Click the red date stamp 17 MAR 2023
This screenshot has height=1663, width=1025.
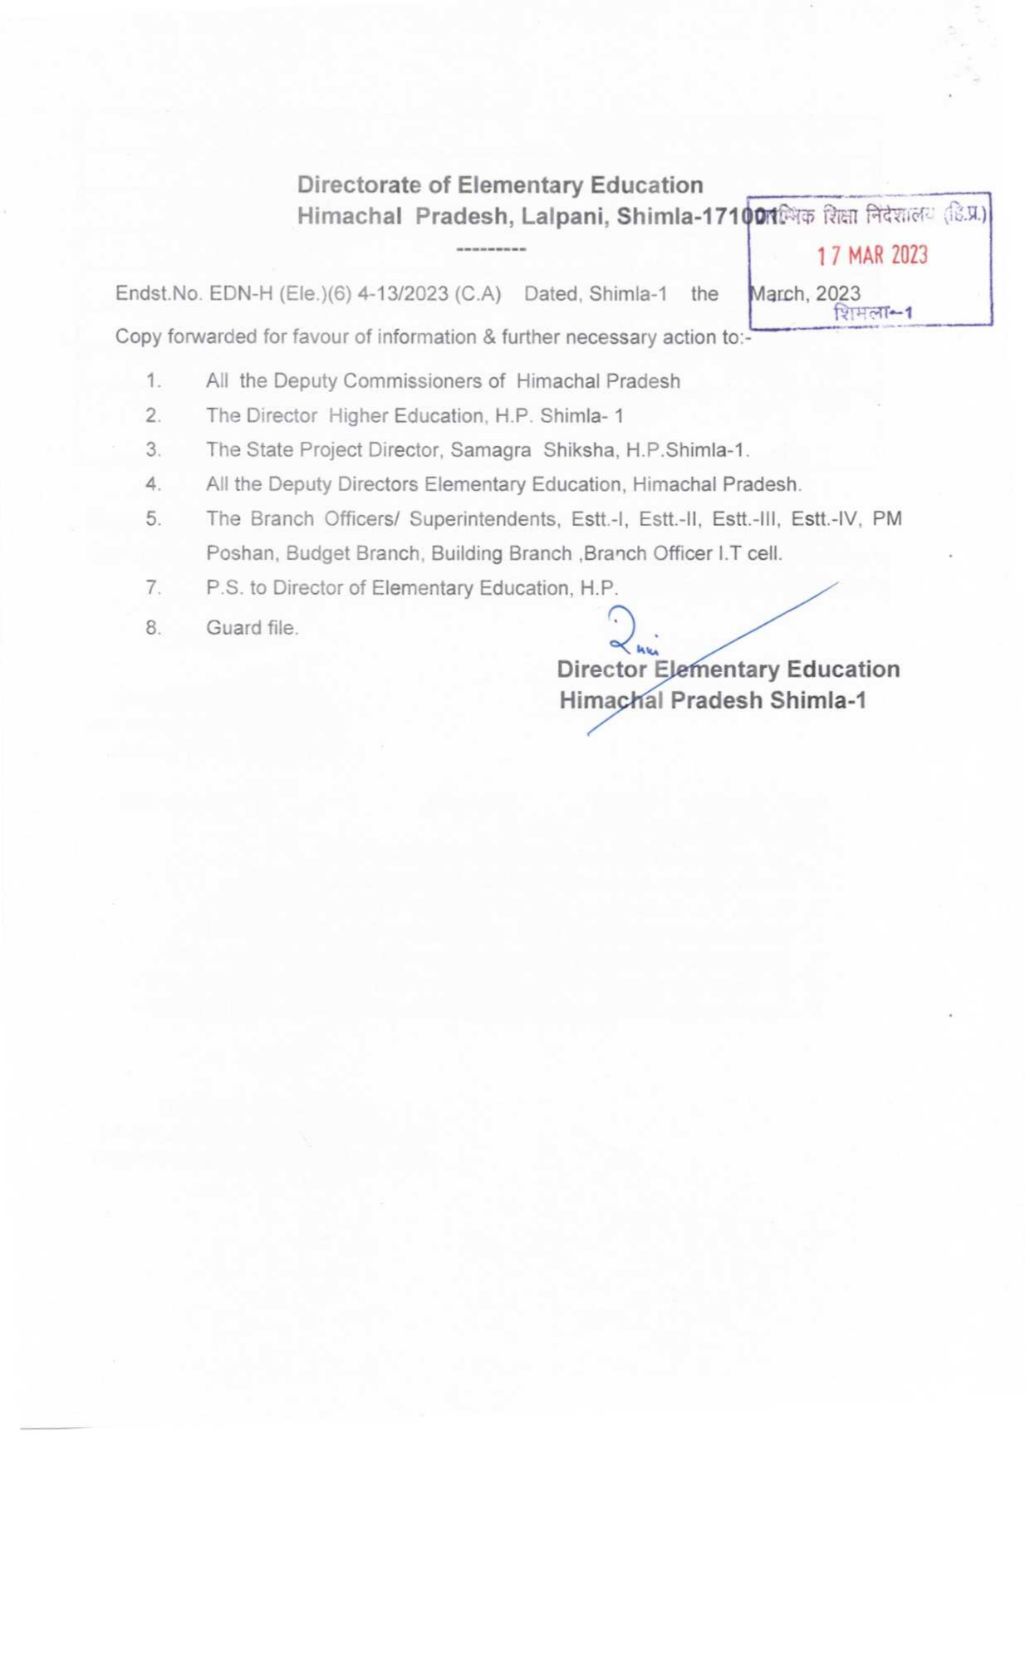[871, 255]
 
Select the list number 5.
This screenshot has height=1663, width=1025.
[153, 519]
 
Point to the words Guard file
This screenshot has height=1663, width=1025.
[252, 628]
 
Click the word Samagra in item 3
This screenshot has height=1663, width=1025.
[490, 450]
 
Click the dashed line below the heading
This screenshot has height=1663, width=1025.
[491, 249]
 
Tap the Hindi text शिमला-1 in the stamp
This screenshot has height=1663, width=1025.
[873, 313]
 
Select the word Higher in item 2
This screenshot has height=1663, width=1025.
[358, 415]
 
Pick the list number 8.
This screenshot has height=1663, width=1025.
[153, 628]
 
